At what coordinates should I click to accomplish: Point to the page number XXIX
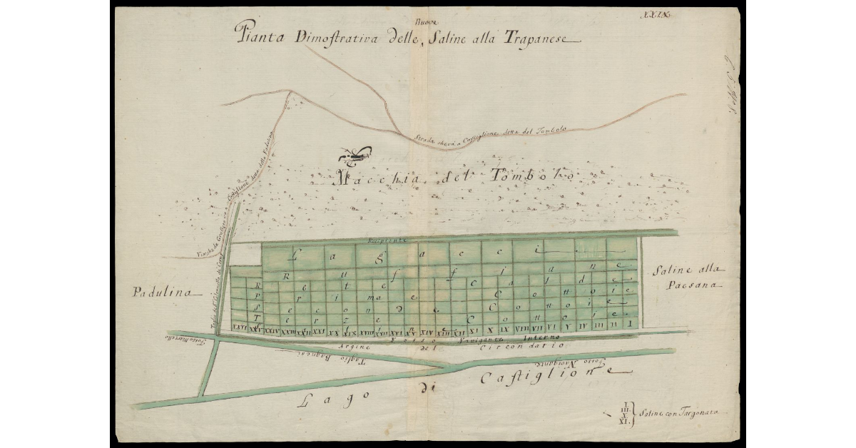tap(654, 14)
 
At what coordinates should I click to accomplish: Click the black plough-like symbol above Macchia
tap(355, 153)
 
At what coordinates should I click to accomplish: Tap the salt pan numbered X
tap(490, 330)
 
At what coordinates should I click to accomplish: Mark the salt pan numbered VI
tap(552, 326)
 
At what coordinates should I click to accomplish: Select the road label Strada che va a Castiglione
tap(485, 138)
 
